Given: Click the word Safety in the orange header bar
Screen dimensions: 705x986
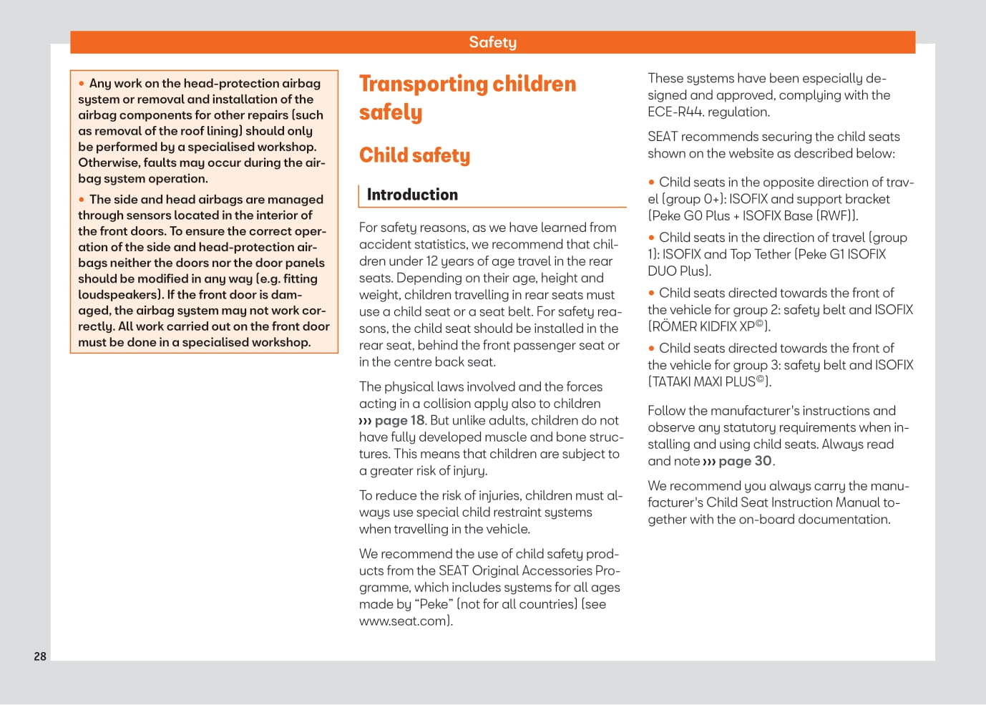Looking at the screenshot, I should click(x=492, y=42).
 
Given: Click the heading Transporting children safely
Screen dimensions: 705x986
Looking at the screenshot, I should click(x=467, y=97).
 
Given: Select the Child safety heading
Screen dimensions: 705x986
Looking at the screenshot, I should click(x=414, y=155).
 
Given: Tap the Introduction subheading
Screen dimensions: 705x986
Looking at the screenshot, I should click(x=412, y=195).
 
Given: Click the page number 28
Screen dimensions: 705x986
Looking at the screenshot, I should click(x=40, y=656).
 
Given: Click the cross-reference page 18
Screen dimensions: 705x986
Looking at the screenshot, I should click(x=399, y=420).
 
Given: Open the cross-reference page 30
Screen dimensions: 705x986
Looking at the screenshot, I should click(x=745, y=461).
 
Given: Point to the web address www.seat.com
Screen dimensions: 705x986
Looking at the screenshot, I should click(x=404, y=621).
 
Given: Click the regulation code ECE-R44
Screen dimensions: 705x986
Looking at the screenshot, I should click(x=679, y=112).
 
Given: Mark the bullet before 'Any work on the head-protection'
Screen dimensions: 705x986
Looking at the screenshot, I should click(x=82, y=84).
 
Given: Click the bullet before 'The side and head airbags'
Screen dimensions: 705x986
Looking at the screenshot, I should click(x=82, y=200).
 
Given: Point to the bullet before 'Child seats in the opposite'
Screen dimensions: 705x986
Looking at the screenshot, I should click(x=651, y=183).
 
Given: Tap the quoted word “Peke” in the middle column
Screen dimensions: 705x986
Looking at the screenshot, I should click(x=434, y=604).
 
